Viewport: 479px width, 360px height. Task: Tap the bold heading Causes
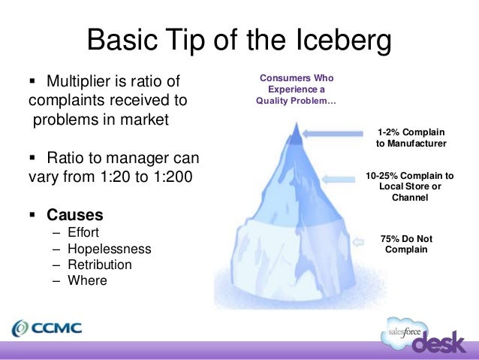pyautogui.click(x=75, y=214)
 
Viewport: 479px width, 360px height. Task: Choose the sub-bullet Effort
pyautogui.click(x=83, y=232)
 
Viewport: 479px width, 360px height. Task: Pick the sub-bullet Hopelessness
pyautogui.click(x=110, y=249)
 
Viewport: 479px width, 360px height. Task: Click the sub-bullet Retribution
pyautogui.click(x=100, y=265)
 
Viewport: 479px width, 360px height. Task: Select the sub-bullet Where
pyautogui.click(x=86, y=280)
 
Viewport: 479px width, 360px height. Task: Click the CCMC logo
pyautogui.click(x=47, y=328)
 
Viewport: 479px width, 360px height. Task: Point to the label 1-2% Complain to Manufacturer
pyautogui.click(x=411, y=138)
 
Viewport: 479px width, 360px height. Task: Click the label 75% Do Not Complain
pyautogui.click(x=406, y=244)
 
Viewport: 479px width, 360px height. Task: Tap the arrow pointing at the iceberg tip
pyautogui.click(x=336, y=134)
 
